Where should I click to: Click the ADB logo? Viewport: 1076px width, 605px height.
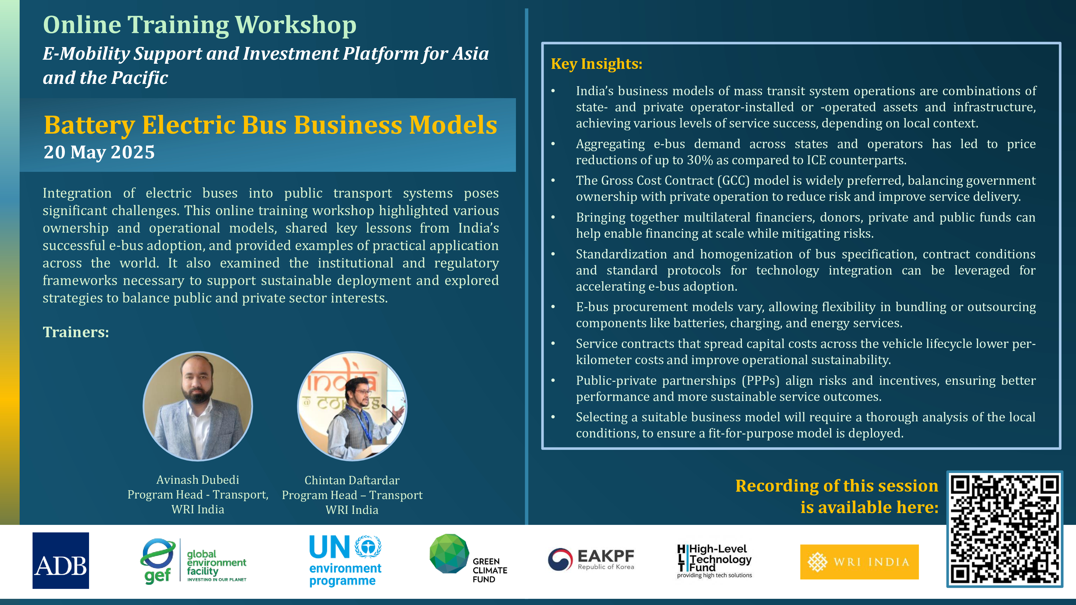(x=61, y=560)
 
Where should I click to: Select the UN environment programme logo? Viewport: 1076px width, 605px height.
(x=345, y=561)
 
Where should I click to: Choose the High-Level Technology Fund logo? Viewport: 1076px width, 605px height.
(x=714, y=561)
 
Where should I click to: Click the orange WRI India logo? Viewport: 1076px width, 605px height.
(x=859, y=562)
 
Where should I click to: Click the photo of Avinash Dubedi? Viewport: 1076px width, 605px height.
(x=197, y=406)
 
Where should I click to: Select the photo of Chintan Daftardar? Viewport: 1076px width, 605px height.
(x=352, y=406)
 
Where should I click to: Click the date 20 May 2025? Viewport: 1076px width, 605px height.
(x=99, y=152)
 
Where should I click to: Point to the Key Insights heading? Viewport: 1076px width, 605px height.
(x=596, y=64)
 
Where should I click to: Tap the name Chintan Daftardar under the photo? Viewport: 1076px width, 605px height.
(x=352, y=480)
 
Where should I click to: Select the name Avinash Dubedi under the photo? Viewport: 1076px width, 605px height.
(x=197, y=480)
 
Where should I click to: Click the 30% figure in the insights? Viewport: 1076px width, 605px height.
(x=700, y=160)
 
